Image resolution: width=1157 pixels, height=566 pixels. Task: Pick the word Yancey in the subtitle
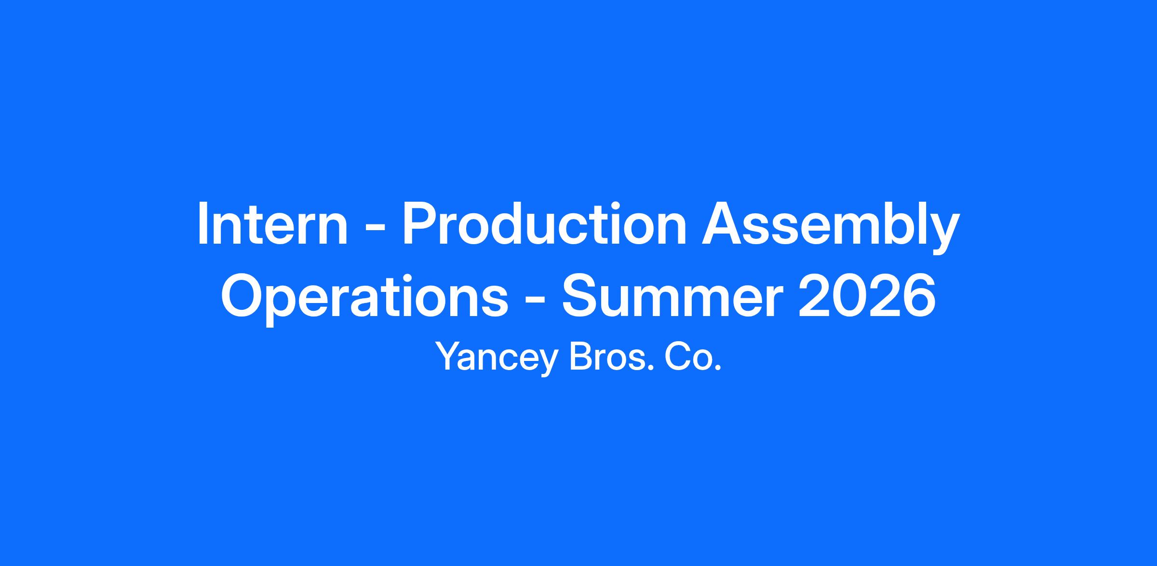497,358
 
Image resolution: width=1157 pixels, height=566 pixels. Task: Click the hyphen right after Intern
375,228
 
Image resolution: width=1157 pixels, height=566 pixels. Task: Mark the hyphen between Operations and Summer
536,300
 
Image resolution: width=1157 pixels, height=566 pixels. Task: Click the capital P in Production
419,223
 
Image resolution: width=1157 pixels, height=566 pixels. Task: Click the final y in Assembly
943,235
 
